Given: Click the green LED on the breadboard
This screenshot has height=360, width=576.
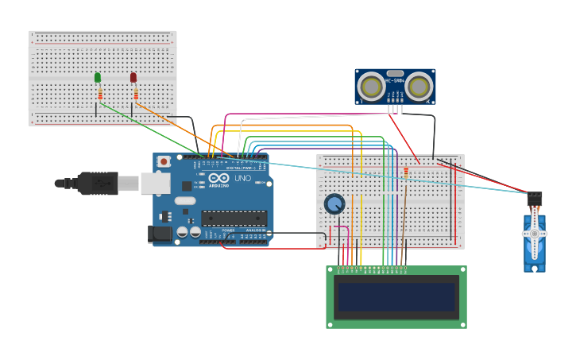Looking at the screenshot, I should pyautogui.click(x=98, y=77).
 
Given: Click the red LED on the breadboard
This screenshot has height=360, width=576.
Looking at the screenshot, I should pyautogui.click(x=133, y=77).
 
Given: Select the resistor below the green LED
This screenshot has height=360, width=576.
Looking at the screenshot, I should pyautogui.click(x=100, y=95).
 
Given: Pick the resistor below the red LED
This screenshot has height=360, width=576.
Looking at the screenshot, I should pyautogui.click(x=136, y=95).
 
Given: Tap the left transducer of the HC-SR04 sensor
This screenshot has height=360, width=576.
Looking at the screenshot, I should pyautogui.click(x=371, y=87).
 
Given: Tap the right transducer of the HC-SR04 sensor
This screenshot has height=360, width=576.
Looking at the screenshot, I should pyautogui.click(x=419, y=87).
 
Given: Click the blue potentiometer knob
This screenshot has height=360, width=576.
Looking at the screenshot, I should pyautogui.click(x=334, y=204).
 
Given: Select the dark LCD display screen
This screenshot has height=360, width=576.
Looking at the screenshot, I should pyautogui.click(x=396, y=297).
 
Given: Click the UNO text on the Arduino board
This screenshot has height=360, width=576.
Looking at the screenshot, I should pyautogui.click(x=242, y=178).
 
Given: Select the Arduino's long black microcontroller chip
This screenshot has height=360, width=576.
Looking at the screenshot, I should pyautogui.click(x=234, y=218).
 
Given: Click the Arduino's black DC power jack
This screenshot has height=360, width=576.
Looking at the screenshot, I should pyautogui.click(x=159, y=234).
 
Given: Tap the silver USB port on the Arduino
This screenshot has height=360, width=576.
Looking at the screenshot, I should pyautogui.click(x=155, y=184).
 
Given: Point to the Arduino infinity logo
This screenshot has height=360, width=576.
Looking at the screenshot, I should pyautogui.click(x=219, y=178).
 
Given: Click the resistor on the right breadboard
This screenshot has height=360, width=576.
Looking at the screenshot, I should pyautogui.click(x=406, y=174).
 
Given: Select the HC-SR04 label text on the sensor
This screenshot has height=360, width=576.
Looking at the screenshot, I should pyautogui.click(x=395, y=80).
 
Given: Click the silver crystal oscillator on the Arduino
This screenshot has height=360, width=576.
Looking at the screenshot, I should pyautogui.click(x=184, y=200).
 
